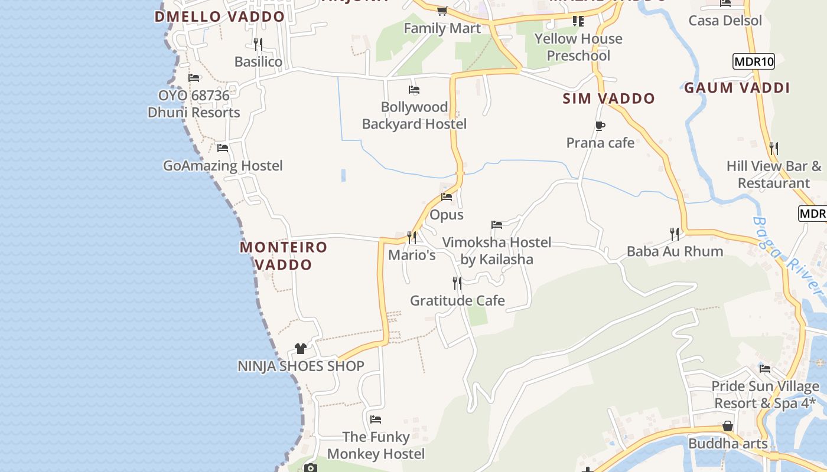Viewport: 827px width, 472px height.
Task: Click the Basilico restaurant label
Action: [258, 62]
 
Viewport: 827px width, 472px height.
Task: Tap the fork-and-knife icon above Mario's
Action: [412, 237]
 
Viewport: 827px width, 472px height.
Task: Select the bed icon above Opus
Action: [447, 197]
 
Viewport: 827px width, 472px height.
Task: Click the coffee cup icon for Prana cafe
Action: [600, 126]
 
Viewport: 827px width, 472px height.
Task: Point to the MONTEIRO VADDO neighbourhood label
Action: [284, 255]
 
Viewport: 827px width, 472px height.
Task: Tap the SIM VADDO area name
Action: [609, 99]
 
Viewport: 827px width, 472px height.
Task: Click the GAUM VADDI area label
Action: [737, 88]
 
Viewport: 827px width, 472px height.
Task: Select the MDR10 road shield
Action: [753, 61]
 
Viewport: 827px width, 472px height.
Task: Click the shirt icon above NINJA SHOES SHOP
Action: [301, 349]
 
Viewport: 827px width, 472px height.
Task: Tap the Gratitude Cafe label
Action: [457, 301]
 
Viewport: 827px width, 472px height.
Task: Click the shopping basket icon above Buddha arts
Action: [728, 426]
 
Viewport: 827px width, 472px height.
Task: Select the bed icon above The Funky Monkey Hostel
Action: [376, 419]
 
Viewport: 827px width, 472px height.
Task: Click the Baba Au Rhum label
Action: [675, 251]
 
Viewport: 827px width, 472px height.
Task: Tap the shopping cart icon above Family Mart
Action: [442, 11]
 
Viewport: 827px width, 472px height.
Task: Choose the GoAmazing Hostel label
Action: [223, 166]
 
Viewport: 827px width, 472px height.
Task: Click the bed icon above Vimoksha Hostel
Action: [497, 225]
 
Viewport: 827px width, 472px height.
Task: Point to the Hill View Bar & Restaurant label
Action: [774, 175]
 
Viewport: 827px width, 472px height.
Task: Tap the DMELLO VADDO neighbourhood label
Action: [220, 17]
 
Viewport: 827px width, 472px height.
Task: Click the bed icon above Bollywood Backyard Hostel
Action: [414, 90]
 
